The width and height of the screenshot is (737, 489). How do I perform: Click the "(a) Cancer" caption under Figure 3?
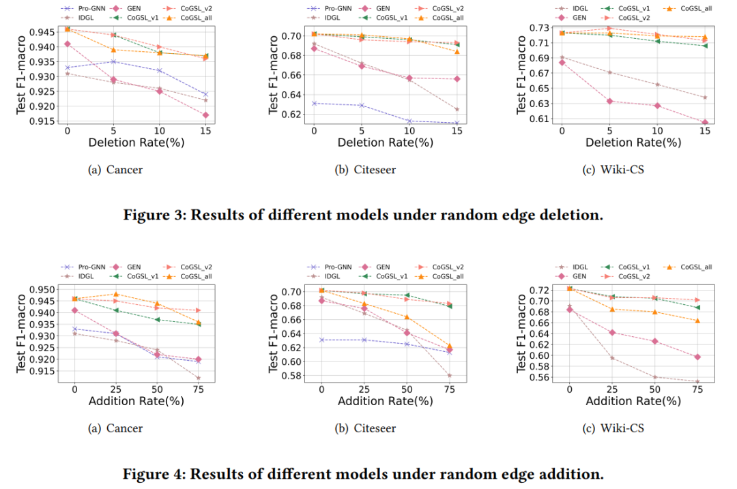pyautogui.click(x=116, y=170)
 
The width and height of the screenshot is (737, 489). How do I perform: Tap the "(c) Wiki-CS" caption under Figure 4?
pyautogui.click(x=622, y=428)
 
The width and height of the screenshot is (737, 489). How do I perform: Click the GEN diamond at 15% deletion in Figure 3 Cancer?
pyautogui.click(x=205, y=115)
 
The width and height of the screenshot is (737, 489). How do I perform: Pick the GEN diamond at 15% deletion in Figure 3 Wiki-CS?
pyautogui.click(x=705, y=123)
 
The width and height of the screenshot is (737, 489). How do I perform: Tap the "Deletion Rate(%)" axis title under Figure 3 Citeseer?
pyautogui.click(x=386, y=143)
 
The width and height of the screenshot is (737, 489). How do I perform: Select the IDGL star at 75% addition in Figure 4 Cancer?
pyautogui.click(x=199, y=378)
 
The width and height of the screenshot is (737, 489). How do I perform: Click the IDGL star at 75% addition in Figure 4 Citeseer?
pyautogui.click(x=450, y=375)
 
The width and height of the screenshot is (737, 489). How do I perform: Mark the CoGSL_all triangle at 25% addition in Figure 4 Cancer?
pyautogui.click(x=116, y=294)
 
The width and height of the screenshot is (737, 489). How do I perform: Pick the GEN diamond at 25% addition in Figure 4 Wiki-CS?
pyautogui.click(x=613, y=332)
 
